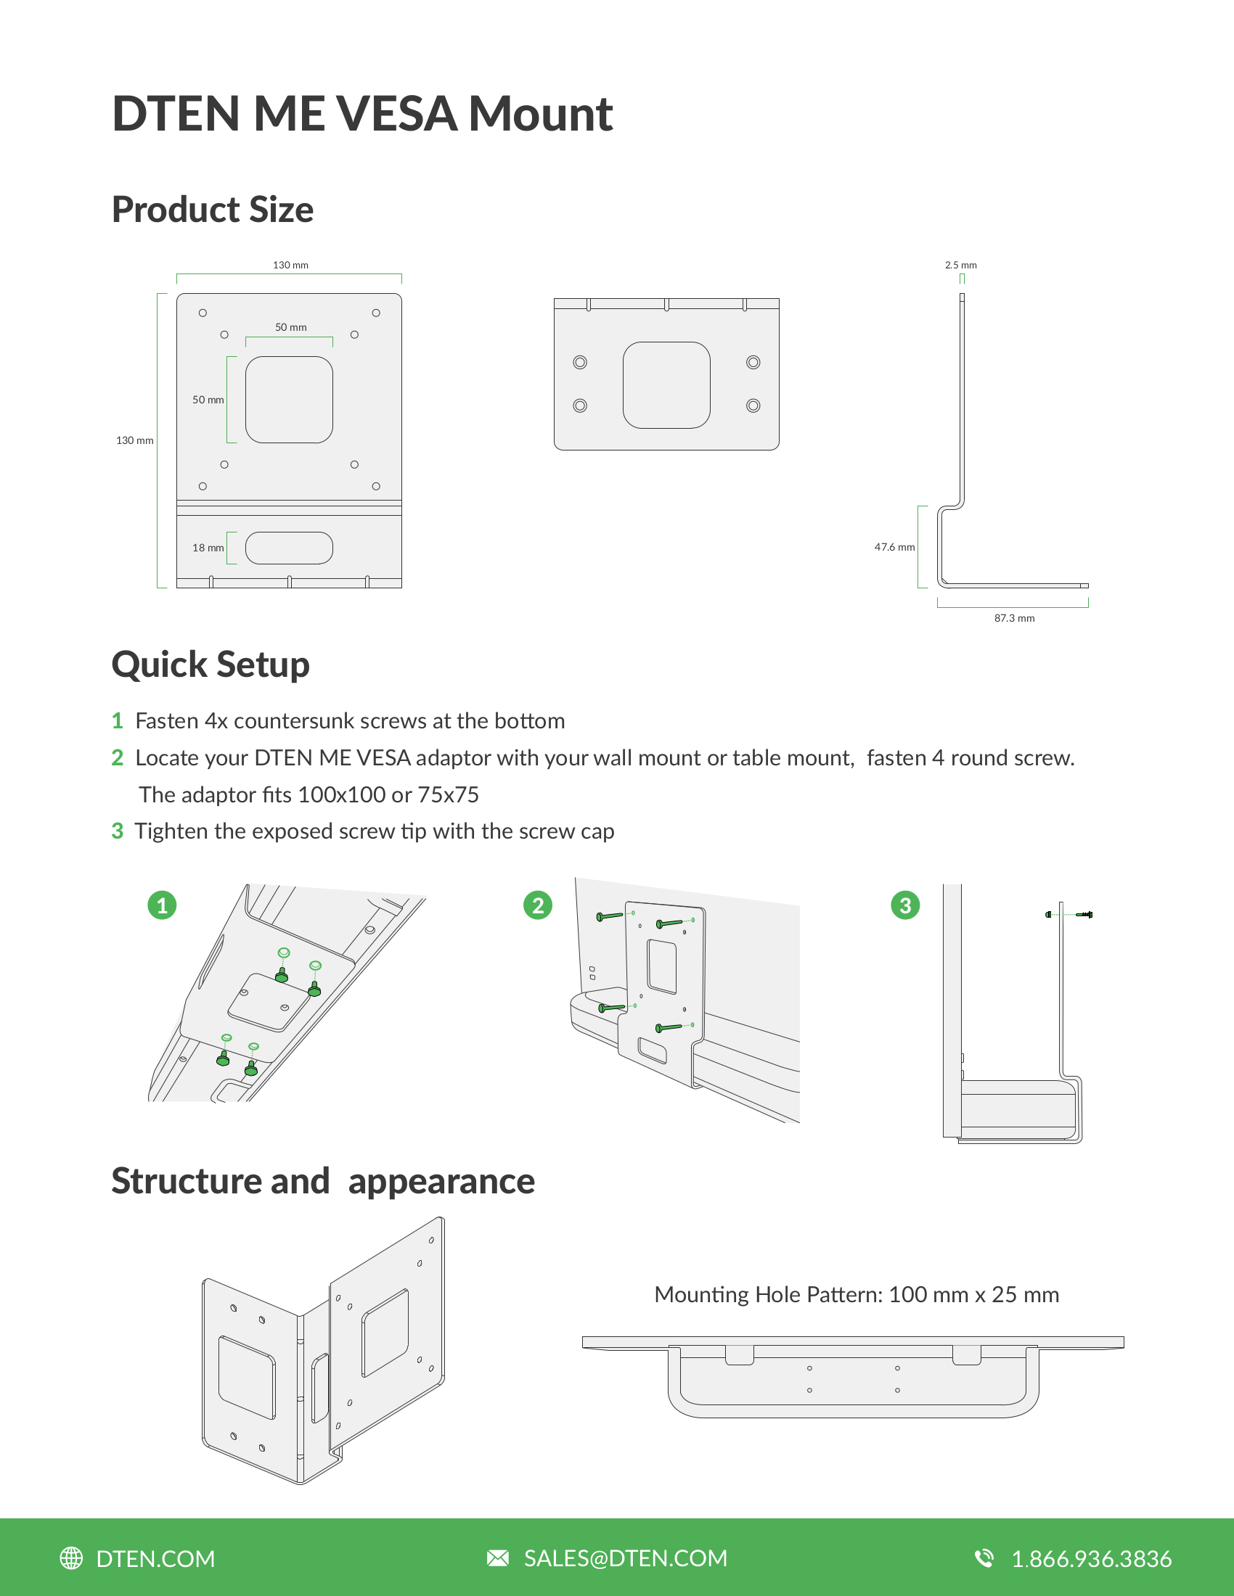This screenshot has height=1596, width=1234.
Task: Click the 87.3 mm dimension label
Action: [x=1014, y=618]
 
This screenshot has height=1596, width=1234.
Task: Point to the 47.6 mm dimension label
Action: [x=894, y=546]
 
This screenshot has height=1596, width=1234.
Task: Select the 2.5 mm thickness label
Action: [x=960, y=266]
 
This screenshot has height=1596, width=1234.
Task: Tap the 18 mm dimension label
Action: [x=208, y=547]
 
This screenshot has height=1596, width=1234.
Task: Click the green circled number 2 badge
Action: [x=538, y=905]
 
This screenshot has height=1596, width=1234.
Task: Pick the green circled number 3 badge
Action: [x=905, y=905]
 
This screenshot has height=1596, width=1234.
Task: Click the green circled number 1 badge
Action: [x=163, y=905]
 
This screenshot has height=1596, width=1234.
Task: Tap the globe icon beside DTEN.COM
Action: [x=71, y=1558]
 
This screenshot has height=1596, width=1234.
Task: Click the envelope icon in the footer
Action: [x=498, y=1558]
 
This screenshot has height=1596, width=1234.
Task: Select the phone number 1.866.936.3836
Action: [x=1092, y=1559]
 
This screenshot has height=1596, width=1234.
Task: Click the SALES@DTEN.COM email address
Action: [x=626, y=1558]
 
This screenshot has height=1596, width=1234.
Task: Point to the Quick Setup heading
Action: [x=211, y=665]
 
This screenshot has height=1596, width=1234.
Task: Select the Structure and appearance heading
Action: [x=323, y=1181]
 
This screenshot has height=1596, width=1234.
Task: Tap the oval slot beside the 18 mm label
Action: [x=289, y=548]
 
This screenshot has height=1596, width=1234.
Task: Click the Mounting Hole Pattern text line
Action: [x=856, y=1295]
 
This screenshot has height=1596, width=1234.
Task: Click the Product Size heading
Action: [x=213, y=210]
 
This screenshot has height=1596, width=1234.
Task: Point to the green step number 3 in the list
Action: [x=118, y=831]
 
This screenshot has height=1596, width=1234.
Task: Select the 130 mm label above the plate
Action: [x=290, y=266]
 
